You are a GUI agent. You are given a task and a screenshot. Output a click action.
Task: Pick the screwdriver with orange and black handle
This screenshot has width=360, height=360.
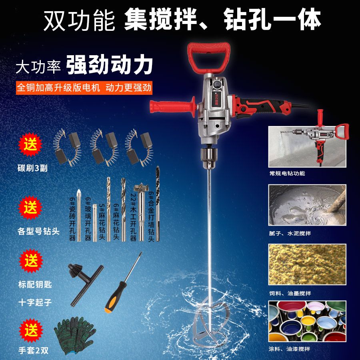click(x=122, y=284)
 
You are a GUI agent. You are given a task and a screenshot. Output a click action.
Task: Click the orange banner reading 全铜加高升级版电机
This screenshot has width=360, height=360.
click(x=84, y=88)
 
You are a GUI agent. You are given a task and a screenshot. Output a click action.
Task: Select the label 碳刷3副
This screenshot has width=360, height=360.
click(x=33, y=168)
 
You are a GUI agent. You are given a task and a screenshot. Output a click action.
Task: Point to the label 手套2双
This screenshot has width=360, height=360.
click(x=33, y=350)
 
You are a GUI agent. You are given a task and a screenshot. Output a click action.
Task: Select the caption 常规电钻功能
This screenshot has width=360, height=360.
click(x=287, y=174)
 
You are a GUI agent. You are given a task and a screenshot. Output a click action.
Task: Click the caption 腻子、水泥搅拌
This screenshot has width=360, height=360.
click(x=290, y=233)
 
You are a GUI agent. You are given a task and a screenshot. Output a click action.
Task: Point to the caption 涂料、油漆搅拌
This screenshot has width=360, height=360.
click(x=290, y=349)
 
